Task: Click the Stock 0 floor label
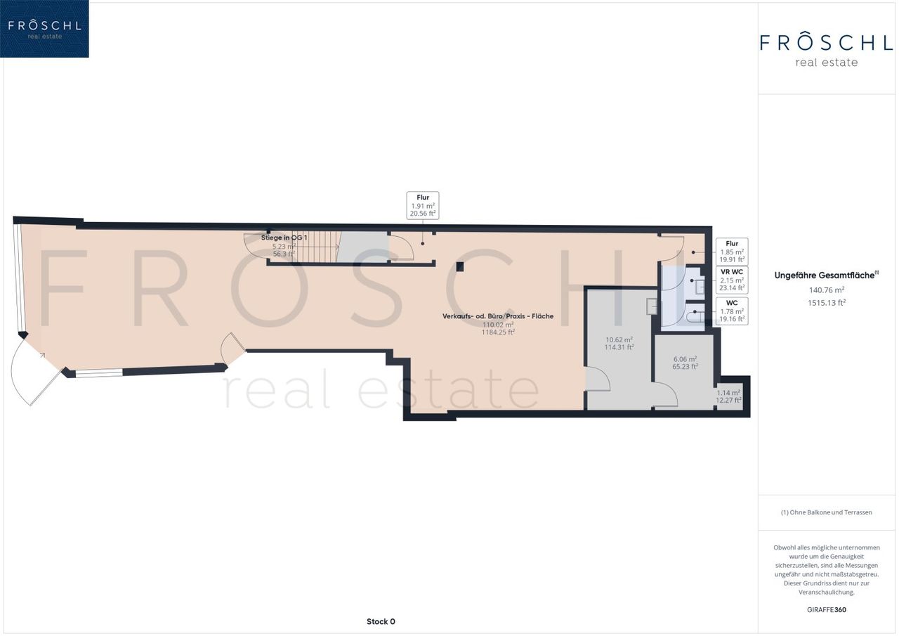coord(381,621)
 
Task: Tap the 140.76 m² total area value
coord(827,290)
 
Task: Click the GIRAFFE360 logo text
coord(827,609)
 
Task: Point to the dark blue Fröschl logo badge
coord(44,29)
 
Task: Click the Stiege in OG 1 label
coord(284,238)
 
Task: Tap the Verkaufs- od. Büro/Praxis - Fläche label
coord(498,316)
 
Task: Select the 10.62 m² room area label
coord(619,339)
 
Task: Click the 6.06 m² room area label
coord(685,359)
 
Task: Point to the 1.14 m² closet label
coord(728,393)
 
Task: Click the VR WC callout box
coord(732,280)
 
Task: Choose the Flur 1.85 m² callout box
coord(732,252)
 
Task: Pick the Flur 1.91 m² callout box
coord(423,205)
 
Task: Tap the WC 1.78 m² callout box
coord(732,311)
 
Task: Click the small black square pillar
coord(460,266)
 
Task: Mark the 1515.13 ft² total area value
coord(827,303)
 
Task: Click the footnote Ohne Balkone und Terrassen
coord(827,512)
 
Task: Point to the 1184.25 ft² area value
coord(498,332)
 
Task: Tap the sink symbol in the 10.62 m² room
coord(651,306)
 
